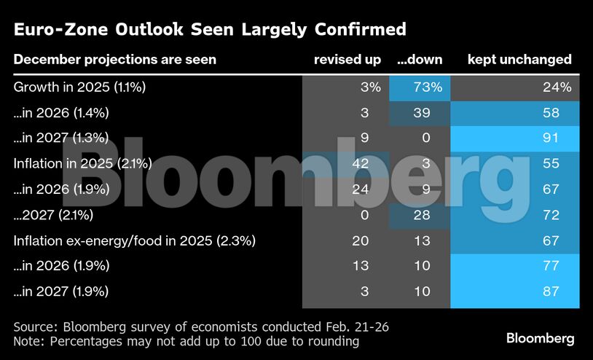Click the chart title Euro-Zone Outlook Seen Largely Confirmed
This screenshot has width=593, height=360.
click(210, 30)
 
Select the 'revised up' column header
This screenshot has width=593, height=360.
click(347, 60)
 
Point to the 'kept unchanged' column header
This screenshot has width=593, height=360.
click(519, 60)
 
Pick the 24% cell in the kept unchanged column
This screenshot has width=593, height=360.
click(557, 87)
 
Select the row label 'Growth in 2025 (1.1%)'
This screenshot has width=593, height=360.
click(80, 87)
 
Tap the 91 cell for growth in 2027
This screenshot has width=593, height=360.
click(550, 138)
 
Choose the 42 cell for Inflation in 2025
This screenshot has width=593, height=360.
click(361, 164)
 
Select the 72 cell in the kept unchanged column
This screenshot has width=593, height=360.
click(550, 215)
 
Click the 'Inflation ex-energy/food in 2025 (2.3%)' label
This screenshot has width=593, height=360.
click(135, 240)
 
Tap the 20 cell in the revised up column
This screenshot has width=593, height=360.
click(361, 240)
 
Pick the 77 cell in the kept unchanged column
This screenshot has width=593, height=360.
click(550, 266)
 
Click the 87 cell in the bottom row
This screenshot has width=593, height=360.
click(550, 291)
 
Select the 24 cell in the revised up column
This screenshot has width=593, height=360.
click(361, 189)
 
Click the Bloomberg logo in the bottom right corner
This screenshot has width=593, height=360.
click(541, 338)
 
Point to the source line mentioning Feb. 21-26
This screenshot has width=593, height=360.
click(201, 326)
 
